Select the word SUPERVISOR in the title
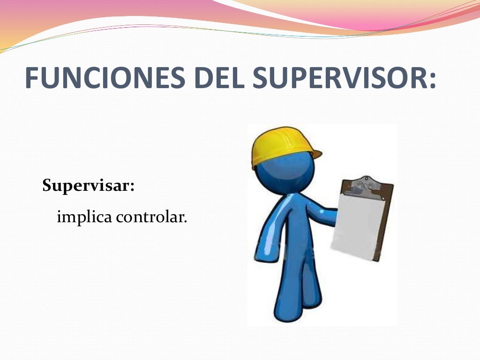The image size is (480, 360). click(x=337, y=78)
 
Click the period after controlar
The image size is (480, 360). click(x=185, y=221)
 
